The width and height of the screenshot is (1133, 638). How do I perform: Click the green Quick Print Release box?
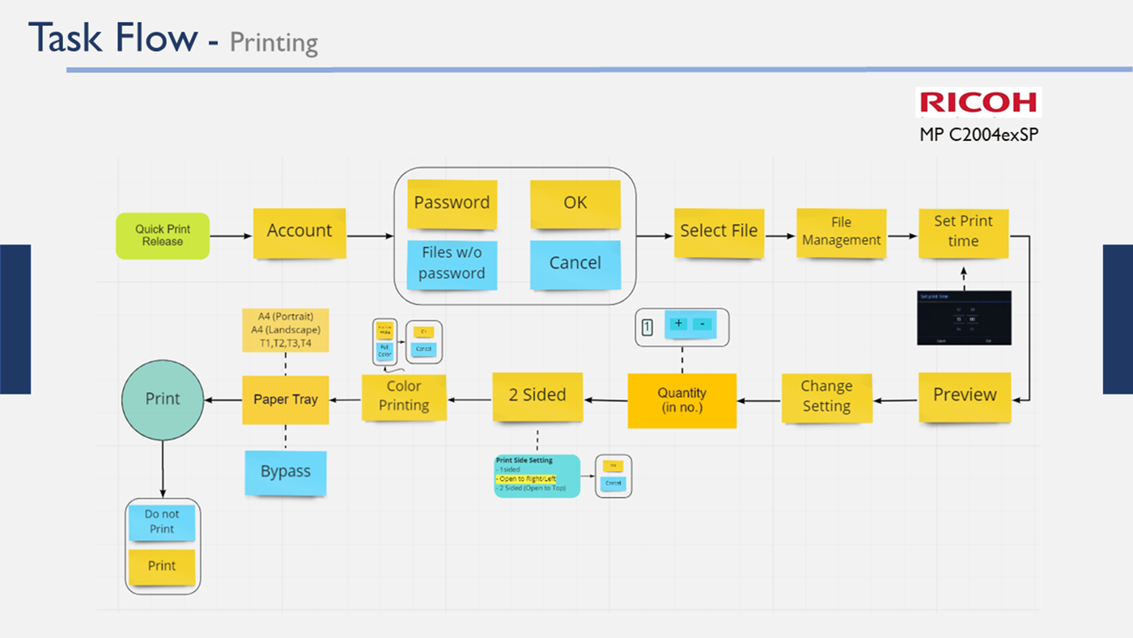point(163,236)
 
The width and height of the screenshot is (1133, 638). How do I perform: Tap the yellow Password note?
point(452,203)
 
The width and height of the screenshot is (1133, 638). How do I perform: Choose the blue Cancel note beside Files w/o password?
point(575,264)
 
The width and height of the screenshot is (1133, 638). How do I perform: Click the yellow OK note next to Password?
point(575,203)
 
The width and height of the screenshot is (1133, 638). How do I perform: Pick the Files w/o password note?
point(452,264)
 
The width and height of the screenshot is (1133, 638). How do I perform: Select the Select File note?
point(719,232)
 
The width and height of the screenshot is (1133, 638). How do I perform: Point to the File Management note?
point(841,232)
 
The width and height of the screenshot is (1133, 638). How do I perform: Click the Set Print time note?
point(963,232)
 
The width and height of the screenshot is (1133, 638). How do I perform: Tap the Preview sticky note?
point(965,396)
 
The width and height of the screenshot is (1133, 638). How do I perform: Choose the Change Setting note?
point(826,397)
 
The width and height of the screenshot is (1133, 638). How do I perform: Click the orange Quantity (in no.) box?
point(682,400)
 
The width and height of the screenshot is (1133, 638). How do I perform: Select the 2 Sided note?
point(537,396)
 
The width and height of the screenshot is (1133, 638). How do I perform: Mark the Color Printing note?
point(404,397)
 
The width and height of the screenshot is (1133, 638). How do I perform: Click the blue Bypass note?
point(286,472)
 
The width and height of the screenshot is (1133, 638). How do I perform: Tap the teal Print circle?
point(163,399)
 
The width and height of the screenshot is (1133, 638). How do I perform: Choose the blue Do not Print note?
point(162,522)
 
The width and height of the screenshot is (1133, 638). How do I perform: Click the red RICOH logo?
point(978,102)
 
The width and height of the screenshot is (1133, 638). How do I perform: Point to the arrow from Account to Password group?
point(369,236)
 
